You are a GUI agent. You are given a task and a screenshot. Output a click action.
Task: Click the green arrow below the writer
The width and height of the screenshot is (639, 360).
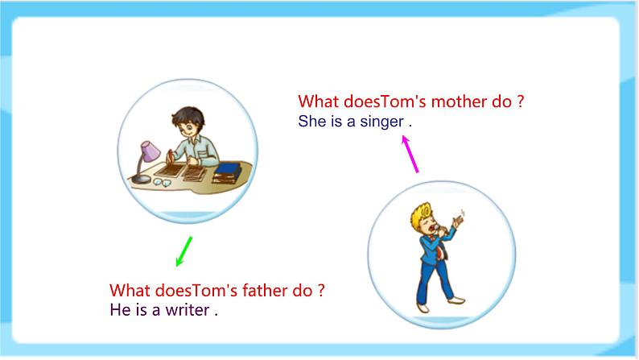tap(183, 251)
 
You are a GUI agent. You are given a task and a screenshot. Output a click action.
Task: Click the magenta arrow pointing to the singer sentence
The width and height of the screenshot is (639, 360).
tap(410, 153)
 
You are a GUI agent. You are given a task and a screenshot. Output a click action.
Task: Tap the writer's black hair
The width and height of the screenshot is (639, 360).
tap(190, 110)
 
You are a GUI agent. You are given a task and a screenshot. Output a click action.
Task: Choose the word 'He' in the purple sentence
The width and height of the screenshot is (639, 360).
tap(118, 309)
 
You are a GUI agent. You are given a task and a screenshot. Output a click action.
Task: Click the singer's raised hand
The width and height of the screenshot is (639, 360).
tap(461, 218)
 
